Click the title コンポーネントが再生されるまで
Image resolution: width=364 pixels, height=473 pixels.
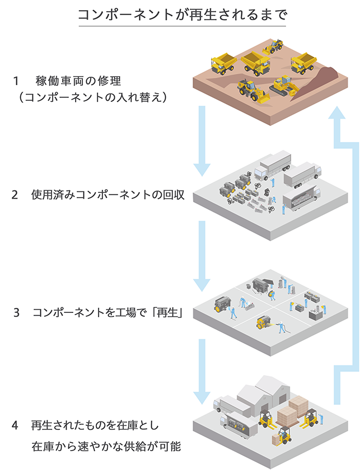click(x=182, y=15)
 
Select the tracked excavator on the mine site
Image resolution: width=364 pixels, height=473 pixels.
click(x=285, y=85)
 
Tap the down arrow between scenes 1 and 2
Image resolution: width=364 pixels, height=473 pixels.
click(x=202, y=140)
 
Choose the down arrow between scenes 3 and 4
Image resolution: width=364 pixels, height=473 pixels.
click(x=202, y=372)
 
